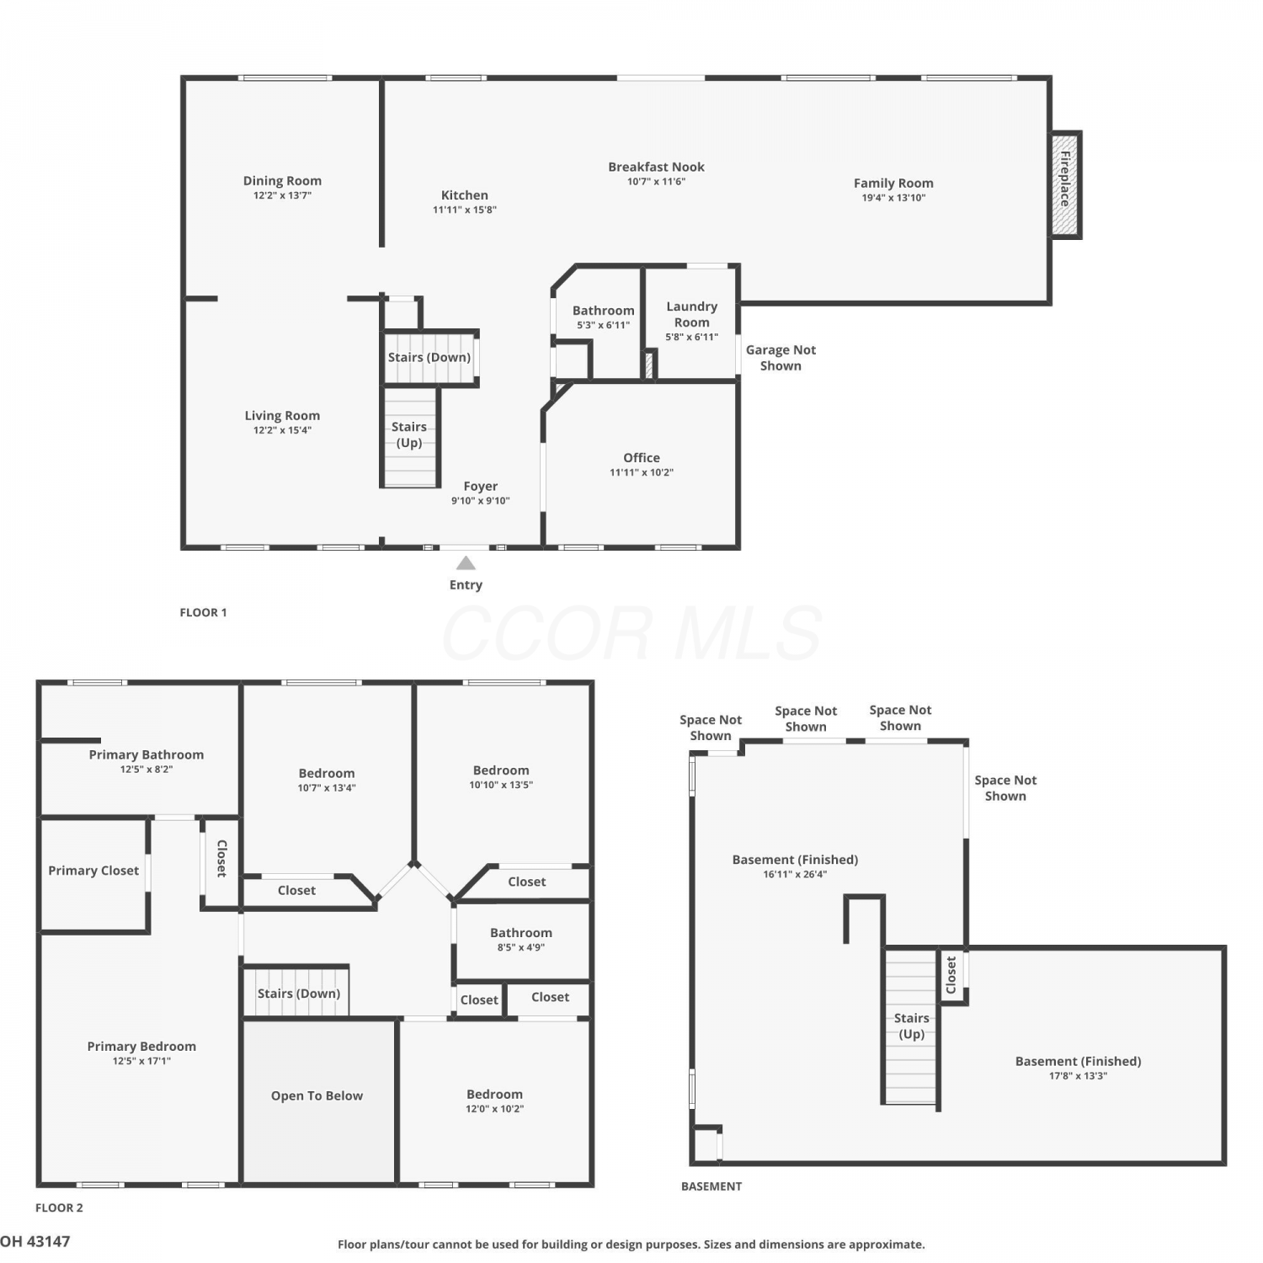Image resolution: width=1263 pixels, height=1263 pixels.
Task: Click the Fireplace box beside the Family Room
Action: tap(1065, 185)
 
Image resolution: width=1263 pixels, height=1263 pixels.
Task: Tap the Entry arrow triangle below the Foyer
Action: tap(466, 563)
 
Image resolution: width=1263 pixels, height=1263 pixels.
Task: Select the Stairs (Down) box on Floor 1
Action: tap(430, 357)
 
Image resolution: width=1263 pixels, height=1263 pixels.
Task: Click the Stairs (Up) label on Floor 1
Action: tap(409, 434)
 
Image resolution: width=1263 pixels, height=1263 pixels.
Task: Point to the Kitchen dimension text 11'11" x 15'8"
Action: tap(465, 210)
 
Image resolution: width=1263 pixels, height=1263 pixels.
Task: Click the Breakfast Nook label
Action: tap(657, 167)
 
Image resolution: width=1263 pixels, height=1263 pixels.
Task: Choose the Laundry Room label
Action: tap(692, 314)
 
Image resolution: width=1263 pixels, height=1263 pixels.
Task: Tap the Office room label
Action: tap(642, 458)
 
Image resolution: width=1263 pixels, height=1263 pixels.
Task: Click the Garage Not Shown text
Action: tap(781, 358)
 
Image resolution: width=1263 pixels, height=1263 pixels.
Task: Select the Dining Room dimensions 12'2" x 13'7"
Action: tap(283, 195)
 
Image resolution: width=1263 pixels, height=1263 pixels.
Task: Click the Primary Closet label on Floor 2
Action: tap(93, 871)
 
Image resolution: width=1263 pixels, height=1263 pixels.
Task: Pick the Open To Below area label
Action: tap(317, 1095)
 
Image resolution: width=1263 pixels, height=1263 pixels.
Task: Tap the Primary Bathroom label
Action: tap(147, 754)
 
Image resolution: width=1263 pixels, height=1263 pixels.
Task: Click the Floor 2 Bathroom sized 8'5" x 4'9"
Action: tap(521, 940)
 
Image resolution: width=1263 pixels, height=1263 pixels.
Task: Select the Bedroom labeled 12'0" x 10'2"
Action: tap(495, 1101)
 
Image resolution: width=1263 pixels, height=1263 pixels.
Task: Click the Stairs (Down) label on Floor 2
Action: tap(299, 994)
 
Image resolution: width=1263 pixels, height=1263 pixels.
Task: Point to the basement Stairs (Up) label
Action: tap(912, 1026)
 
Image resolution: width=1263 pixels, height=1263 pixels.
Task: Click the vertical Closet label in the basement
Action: tap(951, 974)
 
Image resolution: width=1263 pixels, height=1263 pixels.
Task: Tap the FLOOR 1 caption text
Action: tap(203, 612)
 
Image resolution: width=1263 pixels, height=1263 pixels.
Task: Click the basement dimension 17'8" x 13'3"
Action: tap(1079, 1076)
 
